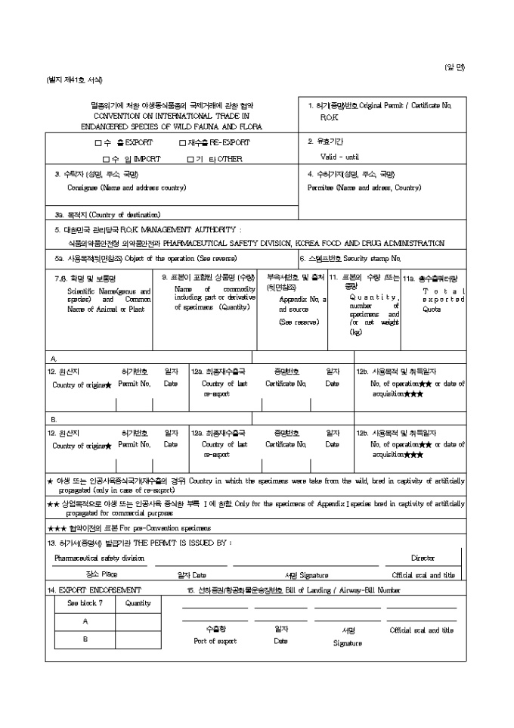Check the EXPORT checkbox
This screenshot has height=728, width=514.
[x=98, y=142]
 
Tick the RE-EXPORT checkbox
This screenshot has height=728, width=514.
[x=182, y=142]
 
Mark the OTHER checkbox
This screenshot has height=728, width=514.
[x=191, y=159]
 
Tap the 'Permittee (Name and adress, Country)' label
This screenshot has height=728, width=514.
[x=364, y=187]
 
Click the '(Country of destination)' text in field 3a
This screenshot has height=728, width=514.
[x=122, y=214]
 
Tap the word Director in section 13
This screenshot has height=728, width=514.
[x=423, y=558]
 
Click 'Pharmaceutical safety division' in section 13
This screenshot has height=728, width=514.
[x=99, y=558]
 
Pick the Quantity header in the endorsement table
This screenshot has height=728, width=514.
[x=138, y=603]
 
